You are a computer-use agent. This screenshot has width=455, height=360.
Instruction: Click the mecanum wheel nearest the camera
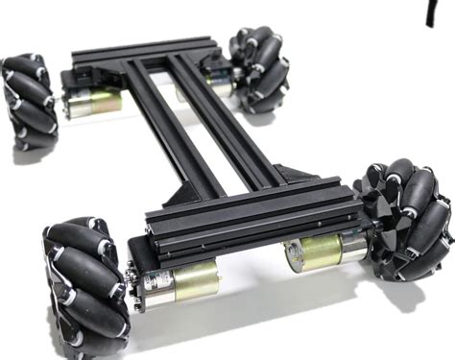(x=85, y=284)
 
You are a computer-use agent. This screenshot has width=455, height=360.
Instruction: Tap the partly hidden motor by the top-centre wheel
(x=217, y=86)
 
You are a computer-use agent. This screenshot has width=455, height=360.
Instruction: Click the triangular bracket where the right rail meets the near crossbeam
(x=297, y=174)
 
